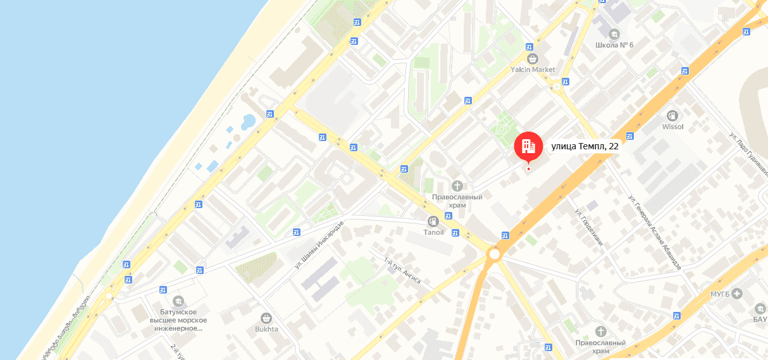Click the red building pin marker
pyautogui.click(x=528, y=146)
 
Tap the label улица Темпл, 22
pyautogui.click(x=585, y=146)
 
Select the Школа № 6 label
pyautogui.click(x=614, y=45)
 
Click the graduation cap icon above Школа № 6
pyautogui.click(x=613, y=34)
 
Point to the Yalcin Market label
pyautogui.click(x=533, y=69)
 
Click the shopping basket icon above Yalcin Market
pyautogui.click(x=533, y=58)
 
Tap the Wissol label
pyautogui.click(x=673, y=127)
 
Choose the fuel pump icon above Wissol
pyautogui.click(x=672, y=115)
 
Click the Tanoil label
pyautogui.click(x=434, y=232)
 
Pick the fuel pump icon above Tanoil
pyautogui.click(x=433, y=221)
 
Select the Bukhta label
pyautogui.click(x=266, y=329)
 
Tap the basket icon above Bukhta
pyautogui.click(x=266, y=318)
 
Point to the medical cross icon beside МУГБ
pyautogui.click(x=736, y=294)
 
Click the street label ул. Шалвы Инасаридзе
pyautogui.click(x=319, y=245)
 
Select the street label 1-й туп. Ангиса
pyautogui.click(x=402, y=270)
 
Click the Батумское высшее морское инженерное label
pyautogui.click(x=178, y=320)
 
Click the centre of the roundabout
pyautogui.click(x=493, y=254)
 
